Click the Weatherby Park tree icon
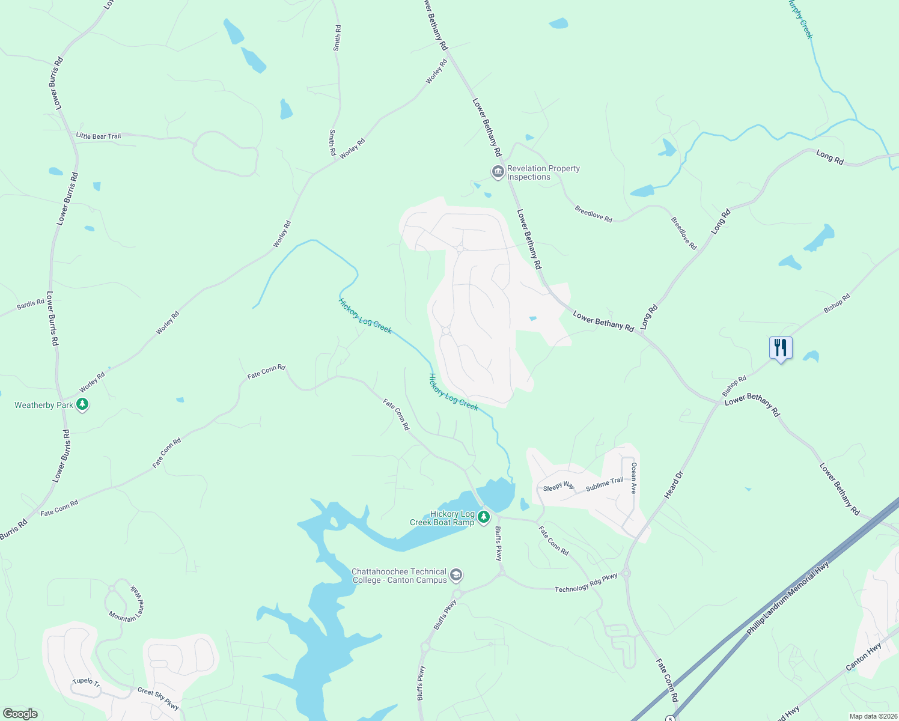tap(83, 405)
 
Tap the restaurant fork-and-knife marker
tap(780, 348)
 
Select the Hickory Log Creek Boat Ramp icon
tap(484, 516)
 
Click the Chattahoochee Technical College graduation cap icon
tap(456, 576)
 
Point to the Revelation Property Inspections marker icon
tap(498, 172)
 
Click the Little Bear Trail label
tap(99, 136)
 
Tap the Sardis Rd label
tap(31, 304)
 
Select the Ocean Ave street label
tap(633, 478)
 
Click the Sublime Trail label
tap(605, 484)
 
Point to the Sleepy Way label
tap(559, 487)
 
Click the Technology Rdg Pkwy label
tap(586, 583)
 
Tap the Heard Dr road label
tap(674, 485)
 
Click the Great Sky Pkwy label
tap(158, 699)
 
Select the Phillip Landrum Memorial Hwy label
tap(788, 598)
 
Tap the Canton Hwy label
tap(864, 657)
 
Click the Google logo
tap(20, 714)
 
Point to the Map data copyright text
tap(873, 716)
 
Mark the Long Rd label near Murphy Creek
tap(830, 157)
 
